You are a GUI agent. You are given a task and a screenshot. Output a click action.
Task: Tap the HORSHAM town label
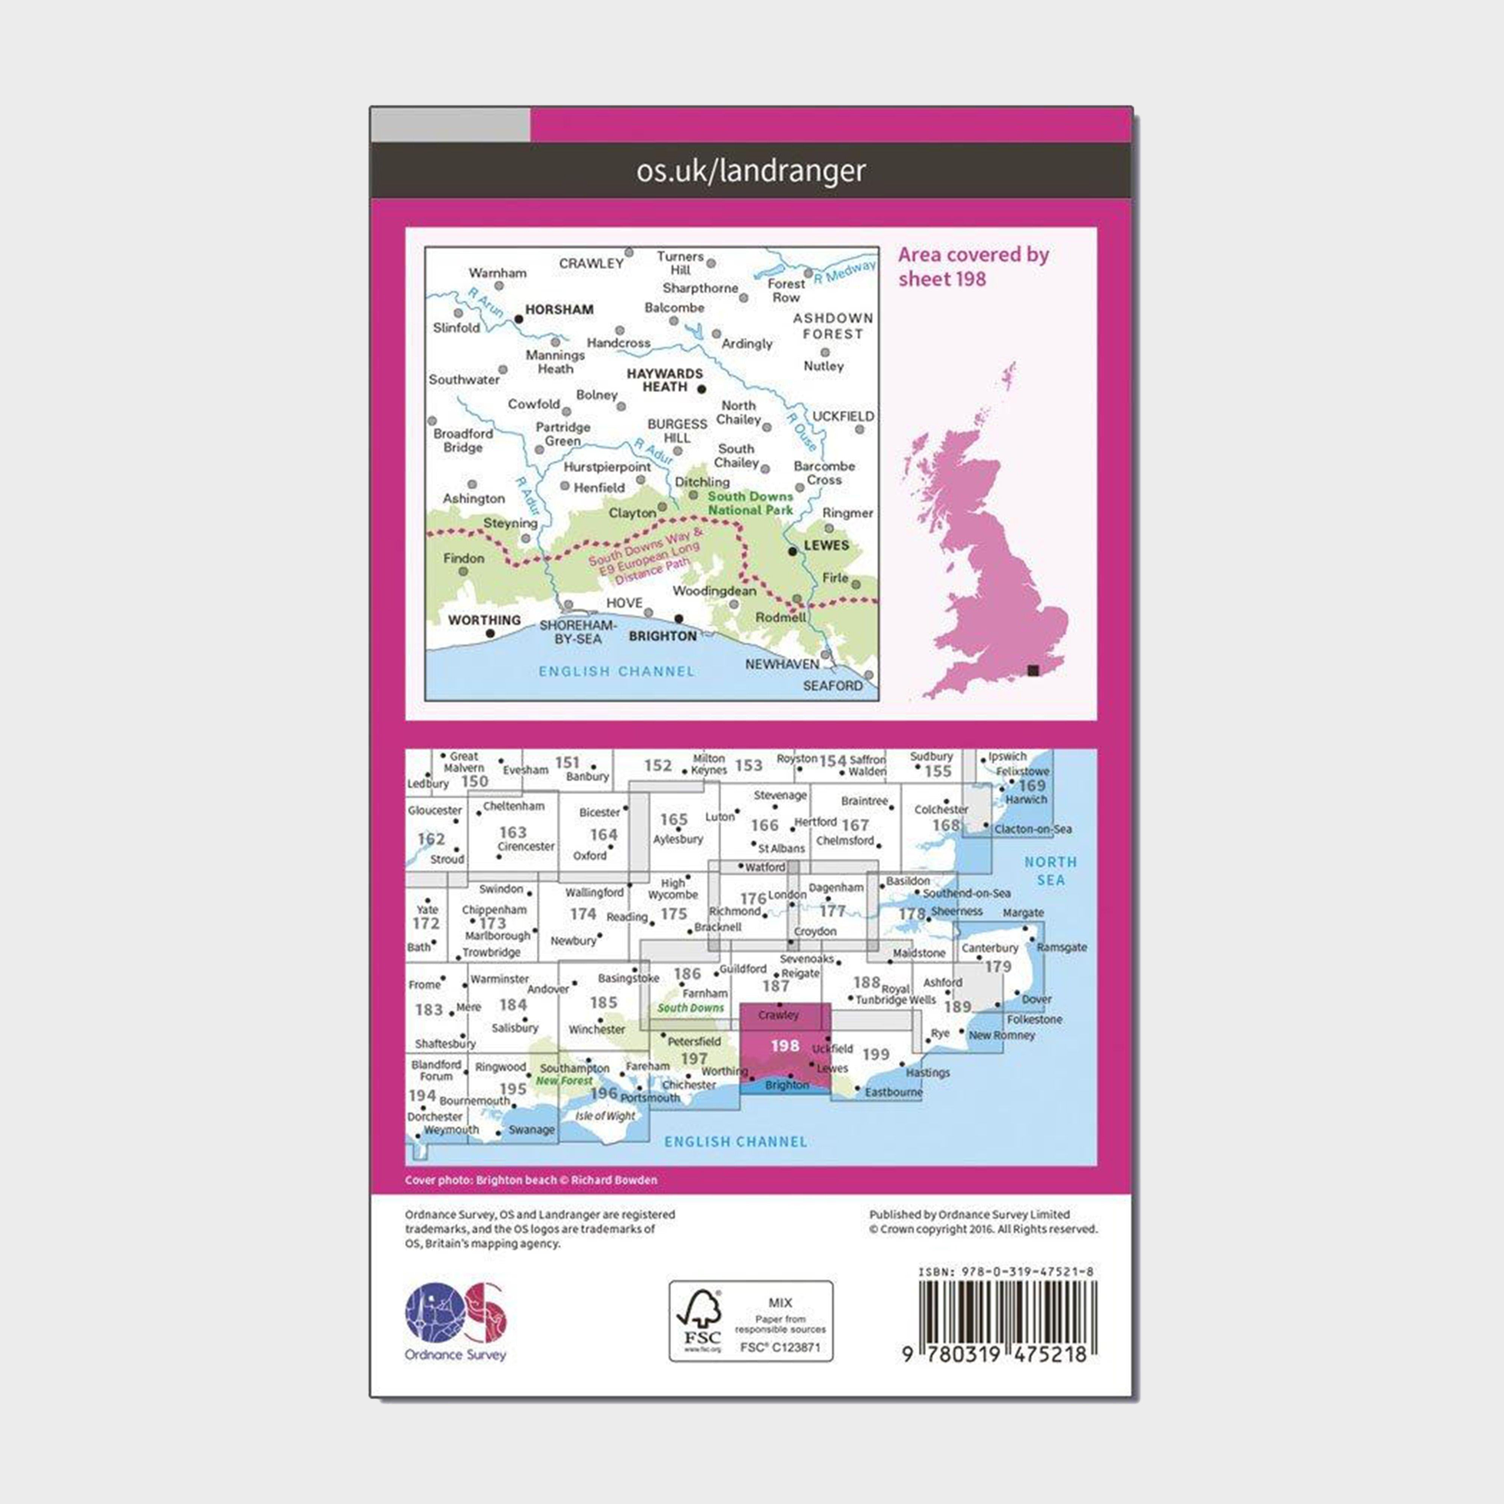tap(559, 309)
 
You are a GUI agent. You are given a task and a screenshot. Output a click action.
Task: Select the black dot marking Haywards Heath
tap(701, 388)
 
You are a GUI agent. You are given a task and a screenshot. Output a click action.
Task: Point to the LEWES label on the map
tap(826, 545)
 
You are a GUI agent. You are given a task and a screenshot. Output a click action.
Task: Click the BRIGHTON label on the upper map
tap(663, 636)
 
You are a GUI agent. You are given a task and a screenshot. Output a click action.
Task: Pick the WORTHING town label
tap(484, 620)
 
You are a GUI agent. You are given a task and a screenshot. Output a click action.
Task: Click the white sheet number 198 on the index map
tap(785, 1046)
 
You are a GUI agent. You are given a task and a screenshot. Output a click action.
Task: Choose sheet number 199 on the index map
tap(876, 1054)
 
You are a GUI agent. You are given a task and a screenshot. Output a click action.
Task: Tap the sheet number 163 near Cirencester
tap(513, 832)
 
